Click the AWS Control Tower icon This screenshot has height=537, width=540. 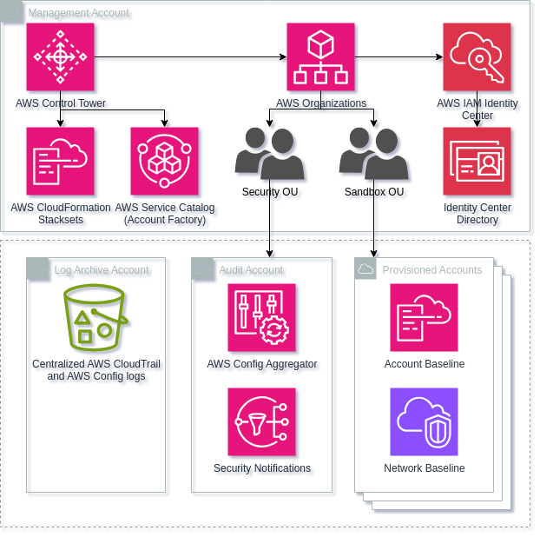pyautogui.click(x=61, y=57)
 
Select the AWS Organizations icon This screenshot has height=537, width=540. pyautogui.click(x=321, y=57)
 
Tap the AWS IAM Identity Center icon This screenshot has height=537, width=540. pyautogui.click(x=477, y=57)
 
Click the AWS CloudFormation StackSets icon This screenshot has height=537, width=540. pyautogui.click(x=61, y=162)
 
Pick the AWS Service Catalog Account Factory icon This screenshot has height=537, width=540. pyautogui.click(x=165, y=162)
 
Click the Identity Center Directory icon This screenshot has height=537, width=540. pyautogui.click(x=477, y=162)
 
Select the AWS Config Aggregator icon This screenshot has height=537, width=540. pyautogui.click(x=262, y=318)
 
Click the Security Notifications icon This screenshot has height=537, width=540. pyautogui.click(x=262, y=422)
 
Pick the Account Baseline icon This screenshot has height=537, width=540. pyautogui.click(x=424, y=318)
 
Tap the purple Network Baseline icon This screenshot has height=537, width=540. pyautogui.click(x=424, y=422)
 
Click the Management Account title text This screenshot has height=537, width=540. pyautogui.click(x=79, y=13)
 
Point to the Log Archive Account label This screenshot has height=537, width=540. pyautogui.click(x=102, y=270)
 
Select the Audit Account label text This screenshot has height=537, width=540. pyautogui.click(x=251, y=270)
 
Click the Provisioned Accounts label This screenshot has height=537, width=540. pyautogui.click(x=431, y=270)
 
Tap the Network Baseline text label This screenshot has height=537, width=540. pyautogui.click(x=424, y=468)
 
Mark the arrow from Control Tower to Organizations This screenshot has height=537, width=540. pyautogui.click(x=191, y=59)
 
